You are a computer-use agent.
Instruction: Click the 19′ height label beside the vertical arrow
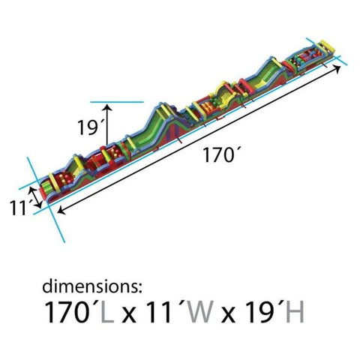87,127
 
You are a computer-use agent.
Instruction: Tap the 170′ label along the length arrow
219,155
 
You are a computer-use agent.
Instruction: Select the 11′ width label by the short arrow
21,207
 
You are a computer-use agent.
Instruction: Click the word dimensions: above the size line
92,286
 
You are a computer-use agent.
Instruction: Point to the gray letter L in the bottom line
107,312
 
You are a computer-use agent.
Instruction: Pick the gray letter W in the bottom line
201,312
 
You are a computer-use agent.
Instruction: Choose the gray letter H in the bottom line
295,312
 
